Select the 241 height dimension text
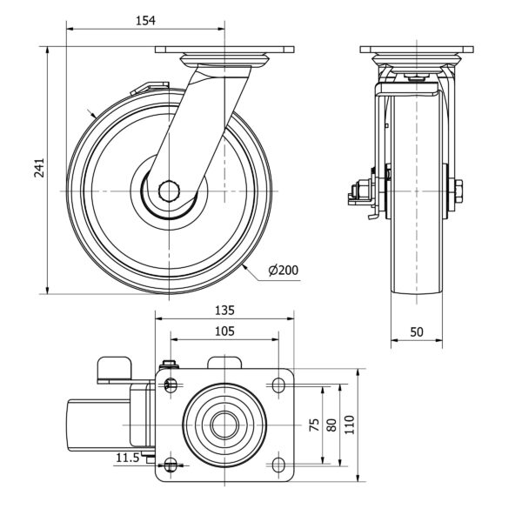[x=39, y=171]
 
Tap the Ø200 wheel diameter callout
[x=283, y=270]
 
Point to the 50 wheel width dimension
[x=416, y=331]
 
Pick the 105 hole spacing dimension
[x=225, y=331]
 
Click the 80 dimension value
[x=331, y=425]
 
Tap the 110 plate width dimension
[x=350, y=425]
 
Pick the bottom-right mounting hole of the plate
[x=279, y=463]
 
